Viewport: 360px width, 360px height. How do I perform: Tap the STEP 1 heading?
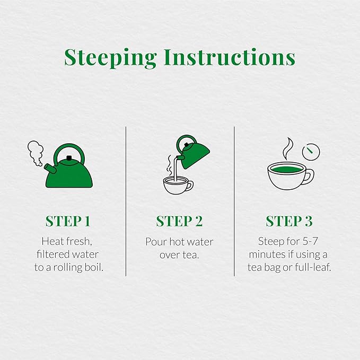click(x=68, y=221)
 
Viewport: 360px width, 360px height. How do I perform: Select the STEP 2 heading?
click(x=179, y=221)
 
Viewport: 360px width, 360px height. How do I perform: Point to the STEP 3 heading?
click(x=289, y=221)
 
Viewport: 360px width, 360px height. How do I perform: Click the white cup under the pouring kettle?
click(x=176, y=185)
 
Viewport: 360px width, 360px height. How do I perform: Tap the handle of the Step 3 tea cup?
click(x=309, y=175)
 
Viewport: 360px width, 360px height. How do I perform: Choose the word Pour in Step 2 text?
click(x=156, y=242)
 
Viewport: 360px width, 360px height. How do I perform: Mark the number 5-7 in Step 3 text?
click(x=309, y=242)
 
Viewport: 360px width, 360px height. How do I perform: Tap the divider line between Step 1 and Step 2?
click(x=126, y=201)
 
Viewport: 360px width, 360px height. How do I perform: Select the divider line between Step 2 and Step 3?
click(x=234, y=201)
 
